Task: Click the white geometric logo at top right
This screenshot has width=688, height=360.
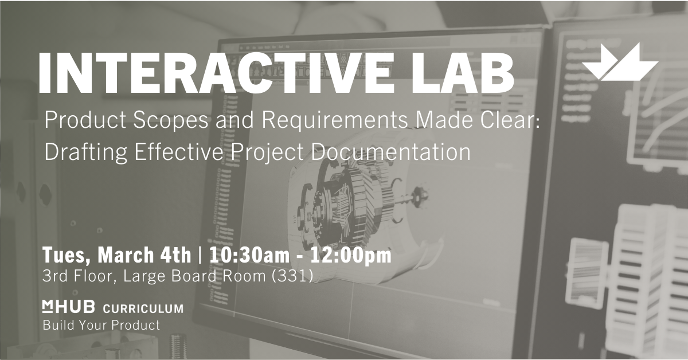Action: tap(620, 62)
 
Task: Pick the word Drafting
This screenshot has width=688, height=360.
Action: tap(85, 152)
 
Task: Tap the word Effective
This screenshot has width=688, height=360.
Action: tap(179, 152)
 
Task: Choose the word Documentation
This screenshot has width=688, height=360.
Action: tap(390, 152)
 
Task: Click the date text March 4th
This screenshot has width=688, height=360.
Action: tap(144, 255)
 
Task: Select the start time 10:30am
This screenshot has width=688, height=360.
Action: tap(249, 255)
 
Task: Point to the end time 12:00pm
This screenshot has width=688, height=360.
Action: tap(351, 256)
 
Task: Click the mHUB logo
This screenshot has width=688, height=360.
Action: tap(68, 307)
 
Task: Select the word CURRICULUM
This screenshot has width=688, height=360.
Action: tap(143, 308)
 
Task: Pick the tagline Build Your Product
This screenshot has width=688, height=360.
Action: tap(101, 325)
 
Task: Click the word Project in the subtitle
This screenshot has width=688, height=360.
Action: tap(267, 152)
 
